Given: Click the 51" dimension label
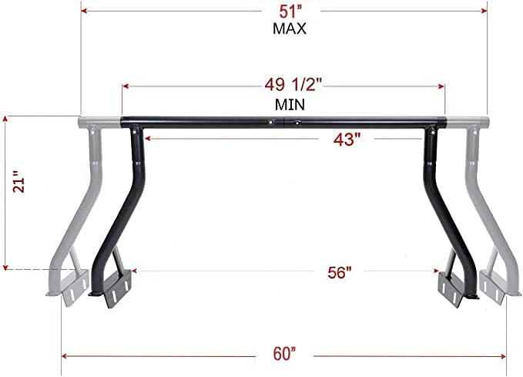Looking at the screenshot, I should point(290,12).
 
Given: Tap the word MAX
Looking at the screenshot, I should point(290,29).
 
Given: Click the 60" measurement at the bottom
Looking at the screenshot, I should point(284,354).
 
